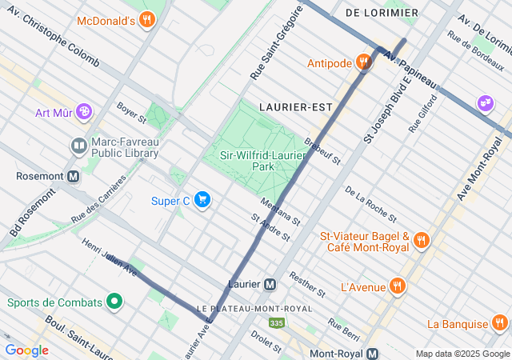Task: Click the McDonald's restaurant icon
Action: pos(146,20)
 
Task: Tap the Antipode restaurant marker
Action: pos(364,62)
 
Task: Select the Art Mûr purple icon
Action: pos(85,112)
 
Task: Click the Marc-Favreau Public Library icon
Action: pos(78,146)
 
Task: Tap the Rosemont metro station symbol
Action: pos(74,176)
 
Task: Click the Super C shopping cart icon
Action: pos(202,200)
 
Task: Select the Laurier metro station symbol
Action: pos(270,284)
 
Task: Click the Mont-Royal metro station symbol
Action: pos(373,354)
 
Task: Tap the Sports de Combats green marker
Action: pos(115,302)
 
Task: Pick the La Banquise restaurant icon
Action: pos(500,324)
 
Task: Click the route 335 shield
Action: pos(277,322)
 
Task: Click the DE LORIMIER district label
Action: pos(382,13)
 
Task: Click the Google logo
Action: pos(26,350)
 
